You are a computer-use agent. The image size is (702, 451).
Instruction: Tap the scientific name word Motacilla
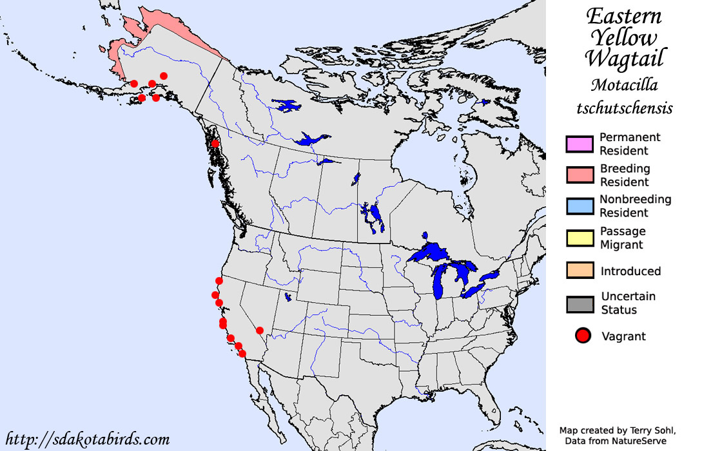click(624, 85)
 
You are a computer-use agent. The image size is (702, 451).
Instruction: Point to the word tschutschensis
click(624, 108)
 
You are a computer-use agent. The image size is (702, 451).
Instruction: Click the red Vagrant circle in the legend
click(583, 336)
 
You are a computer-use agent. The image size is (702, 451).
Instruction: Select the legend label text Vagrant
click(623, 336)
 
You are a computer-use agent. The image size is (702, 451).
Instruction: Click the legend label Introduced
click(630, 271)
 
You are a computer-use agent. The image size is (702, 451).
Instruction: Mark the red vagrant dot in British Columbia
click(215, 144)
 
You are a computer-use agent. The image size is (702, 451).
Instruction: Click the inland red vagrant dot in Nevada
click(260, 331)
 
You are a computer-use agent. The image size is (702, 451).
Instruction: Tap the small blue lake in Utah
click(288, 298)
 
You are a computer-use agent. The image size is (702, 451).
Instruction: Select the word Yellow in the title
click(624, 37)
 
